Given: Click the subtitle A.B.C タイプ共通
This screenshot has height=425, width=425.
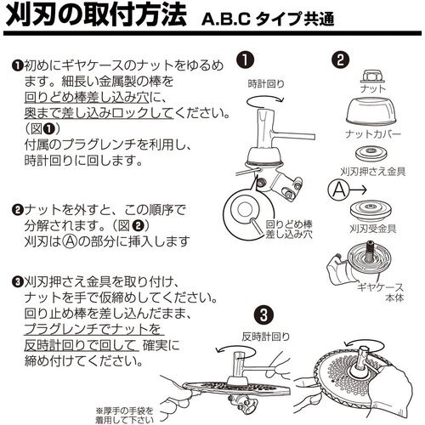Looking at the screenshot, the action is point(268,19).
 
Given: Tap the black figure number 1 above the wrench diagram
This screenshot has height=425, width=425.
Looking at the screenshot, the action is point(246,60).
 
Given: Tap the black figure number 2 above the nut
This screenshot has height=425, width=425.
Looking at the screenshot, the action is point(340,60).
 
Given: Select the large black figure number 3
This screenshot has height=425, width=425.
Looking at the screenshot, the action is point(263,315).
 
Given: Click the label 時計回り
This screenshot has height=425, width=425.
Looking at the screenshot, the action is point(266,84).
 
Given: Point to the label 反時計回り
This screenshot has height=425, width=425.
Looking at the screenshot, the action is point(266,337).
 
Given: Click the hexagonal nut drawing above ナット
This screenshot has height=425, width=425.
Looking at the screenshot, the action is point(373,76).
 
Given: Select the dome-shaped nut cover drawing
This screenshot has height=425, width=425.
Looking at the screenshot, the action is point(371,110).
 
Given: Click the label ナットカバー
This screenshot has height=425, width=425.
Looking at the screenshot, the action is point(373,133).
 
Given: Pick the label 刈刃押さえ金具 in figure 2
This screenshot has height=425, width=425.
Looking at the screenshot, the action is point(373,172).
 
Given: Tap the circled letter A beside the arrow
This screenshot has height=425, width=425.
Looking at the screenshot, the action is point(339,190).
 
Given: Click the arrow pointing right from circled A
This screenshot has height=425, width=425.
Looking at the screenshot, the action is point(359,190).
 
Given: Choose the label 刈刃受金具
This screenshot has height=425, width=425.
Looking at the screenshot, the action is point(373,229).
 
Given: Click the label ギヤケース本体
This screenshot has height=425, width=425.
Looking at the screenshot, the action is point(380,292).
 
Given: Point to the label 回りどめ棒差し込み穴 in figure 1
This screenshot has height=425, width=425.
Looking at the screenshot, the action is point(289,229).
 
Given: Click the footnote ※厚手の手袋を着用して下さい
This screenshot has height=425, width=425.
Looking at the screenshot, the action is point(125,416).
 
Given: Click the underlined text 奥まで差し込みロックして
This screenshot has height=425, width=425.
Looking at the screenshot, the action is point(99,114).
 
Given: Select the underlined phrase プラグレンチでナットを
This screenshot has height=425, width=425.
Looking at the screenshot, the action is point(93,330).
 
